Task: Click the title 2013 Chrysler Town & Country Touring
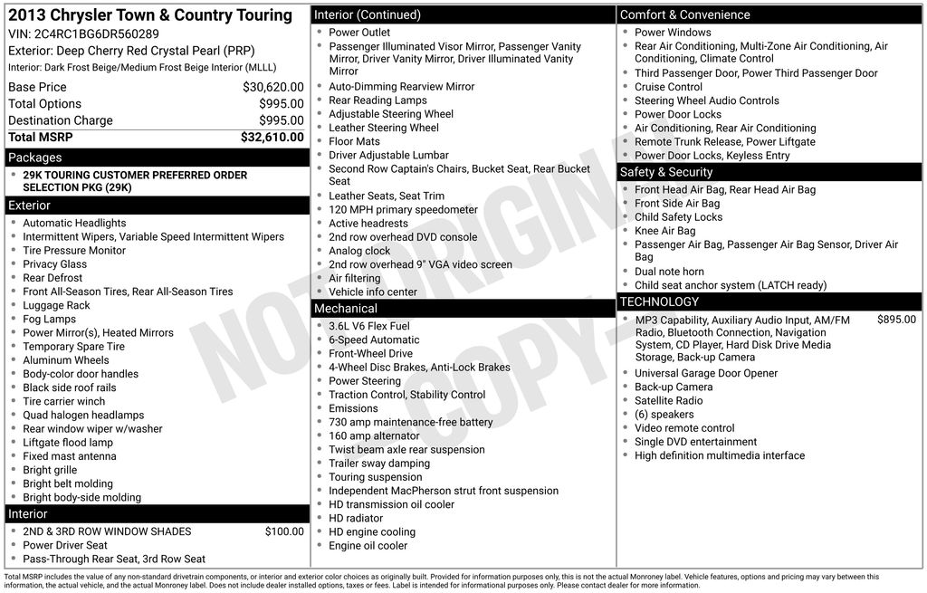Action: pyautogui.click(x=149, y=15)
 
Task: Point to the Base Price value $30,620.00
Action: pyautogui.click(x=272, y=87)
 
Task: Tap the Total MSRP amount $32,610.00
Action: pyautogui.click(x=272, y=138)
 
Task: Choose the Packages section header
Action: pyautogui.click(x=35, y=158)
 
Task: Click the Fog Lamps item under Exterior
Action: pyautogui.click(x=50, y=319)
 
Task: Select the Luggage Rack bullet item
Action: pyautogui.click(x=56, y=305)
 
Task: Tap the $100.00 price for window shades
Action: pyautogui.click(x=284, y=531)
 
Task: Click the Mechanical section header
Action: pyautogui.click(x=345, y=309)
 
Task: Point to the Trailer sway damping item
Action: pyautogui.click(x=379, y=464)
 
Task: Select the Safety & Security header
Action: pyautogui.click(x=666, y=172)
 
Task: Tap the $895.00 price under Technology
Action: pyautogui.click(x=896, y=320)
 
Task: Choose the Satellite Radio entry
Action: pyautogui.click(x=668, y=400)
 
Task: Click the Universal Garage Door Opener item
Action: pyautogui.click(x=706, y=373)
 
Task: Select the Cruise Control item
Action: pyautogui.click(x=668, y=87)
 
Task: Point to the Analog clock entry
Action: pyautogui.click(x=359, y=251)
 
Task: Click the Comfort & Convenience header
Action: pyautogui.click(x=684, y=14)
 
